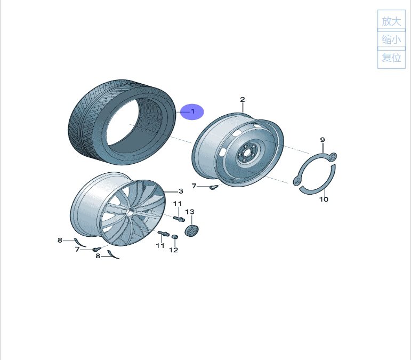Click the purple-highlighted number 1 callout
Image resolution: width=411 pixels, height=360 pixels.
click(x=193, y=111)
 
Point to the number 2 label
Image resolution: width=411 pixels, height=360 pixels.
click(x=243, y=100)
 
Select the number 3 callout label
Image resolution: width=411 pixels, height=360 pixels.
click(x=181, y=191)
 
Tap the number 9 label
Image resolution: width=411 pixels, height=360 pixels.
click(x=323, y=140)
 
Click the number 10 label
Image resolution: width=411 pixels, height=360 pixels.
click(x=324, y=199)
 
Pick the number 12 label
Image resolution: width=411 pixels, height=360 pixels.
click(x=174, y=250)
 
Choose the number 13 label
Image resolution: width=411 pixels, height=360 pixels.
click(x=190, y=212)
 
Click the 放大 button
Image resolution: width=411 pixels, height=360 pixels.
click(x=391, y=21)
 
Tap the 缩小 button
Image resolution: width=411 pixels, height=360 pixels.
click(x=391, y=39)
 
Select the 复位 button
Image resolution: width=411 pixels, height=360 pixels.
click(x=391, y=58)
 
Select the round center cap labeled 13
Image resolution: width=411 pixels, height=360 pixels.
click(x=191, y=230)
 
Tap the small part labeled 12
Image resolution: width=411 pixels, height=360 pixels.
click(x=175, y=237)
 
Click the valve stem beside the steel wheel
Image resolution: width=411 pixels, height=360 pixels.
click(x=214, y=187)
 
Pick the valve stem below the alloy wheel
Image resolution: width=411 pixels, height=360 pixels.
click(x=96, y=249)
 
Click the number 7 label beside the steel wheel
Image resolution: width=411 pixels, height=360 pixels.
click(x=194, y=186)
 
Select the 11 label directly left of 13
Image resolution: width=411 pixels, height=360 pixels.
click(x=178, y=204)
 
